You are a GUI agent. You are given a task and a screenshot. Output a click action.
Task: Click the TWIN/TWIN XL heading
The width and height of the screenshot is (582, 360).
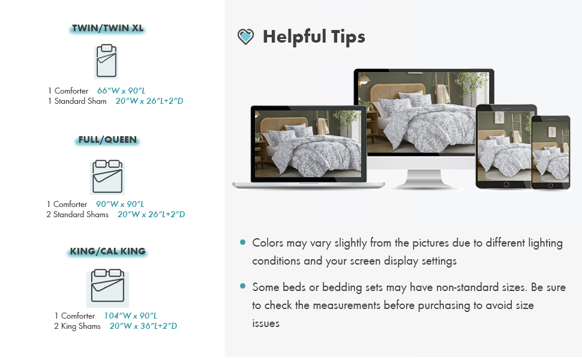pyautogui.click(x=107, y=28)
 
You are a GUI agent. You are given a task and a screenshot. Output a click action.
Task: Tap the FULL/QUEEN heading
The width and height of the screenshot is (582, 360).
pyautogui.click(x=107, y=140)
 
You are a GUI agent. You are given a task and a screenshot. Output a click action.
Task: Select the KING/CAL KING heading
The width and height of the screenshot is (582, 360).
pyautogui.click(x=107, y=251)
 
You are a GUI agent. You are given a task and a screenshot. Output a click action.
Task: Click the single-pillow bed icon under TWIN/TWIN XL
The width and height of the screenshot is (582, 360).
pyautogui.click(x=107, y=61)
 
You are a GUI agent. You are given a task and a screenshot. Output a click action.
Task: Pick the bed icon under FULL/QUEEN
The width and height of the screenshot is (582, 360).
pyautogui.click(x=107, y=176)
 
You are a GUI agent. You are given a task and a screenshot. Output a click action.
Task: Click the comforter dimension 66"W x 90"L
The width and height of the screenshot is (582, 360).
pyautogui.click(x=121, y=91)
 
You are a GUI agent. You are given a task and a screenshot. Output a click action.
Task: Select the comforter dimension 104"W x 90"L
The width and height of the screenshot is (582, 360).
pyautogui.click(x=130, y=316)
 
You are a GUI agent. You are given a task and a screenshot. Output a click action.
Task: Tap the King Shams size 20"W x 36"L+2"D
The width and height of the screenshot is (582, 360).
pyautogui.click(x=143, y=326)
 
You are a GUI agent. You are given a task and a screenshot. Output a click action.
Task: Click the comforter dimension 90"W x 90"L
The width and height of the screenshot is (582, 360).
pyautogui.click(x=120, y=204)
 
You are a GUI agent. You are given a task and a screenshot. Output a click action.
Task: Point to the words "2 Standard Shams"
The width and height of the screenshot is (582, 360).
pyautogui.click(x=77, y=215)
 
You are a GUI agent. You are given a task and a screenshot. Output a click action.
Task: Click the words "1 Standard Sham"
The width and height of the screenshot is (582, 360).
pyautogui.click(x=77, y=101)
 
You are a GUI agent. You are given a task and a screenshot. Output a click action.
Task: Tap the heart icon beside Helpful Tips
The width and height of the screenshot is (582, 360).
pyautogui.click(x=246, y=37)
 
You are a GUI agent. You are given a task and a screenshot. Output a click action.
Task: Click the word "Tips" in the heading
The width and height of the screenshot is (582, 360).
pyautogui.click(x=348, y=37)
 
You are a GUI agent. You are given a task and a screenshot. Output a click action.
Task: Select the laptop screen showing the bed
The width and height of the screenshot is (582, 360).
pyautogui.click(x=308, y=143)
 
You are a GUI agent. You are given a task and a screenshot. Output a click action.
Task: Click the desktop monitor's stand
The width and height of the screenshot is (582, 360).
pyautogui.click(x=424, y=180)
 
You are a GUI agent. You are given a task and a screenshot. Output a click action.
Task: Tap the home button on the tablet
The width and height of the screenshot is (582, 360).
pyautogui.click(x=506, y=185)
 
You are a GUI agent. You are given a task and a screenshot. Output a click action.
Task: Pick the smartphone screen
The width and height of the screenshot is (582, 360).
pyautogui.click(x=550, y=151)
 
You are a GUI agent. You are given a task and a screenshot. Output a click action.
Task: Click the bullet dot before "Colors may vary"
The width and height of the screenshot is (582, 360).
pyautogui.click(x=243, y=242)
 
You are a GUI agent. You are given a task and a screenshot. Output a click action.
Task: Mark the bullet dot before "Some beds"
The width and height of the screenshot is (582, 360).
pyautogui.click(x=243, y=286)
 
